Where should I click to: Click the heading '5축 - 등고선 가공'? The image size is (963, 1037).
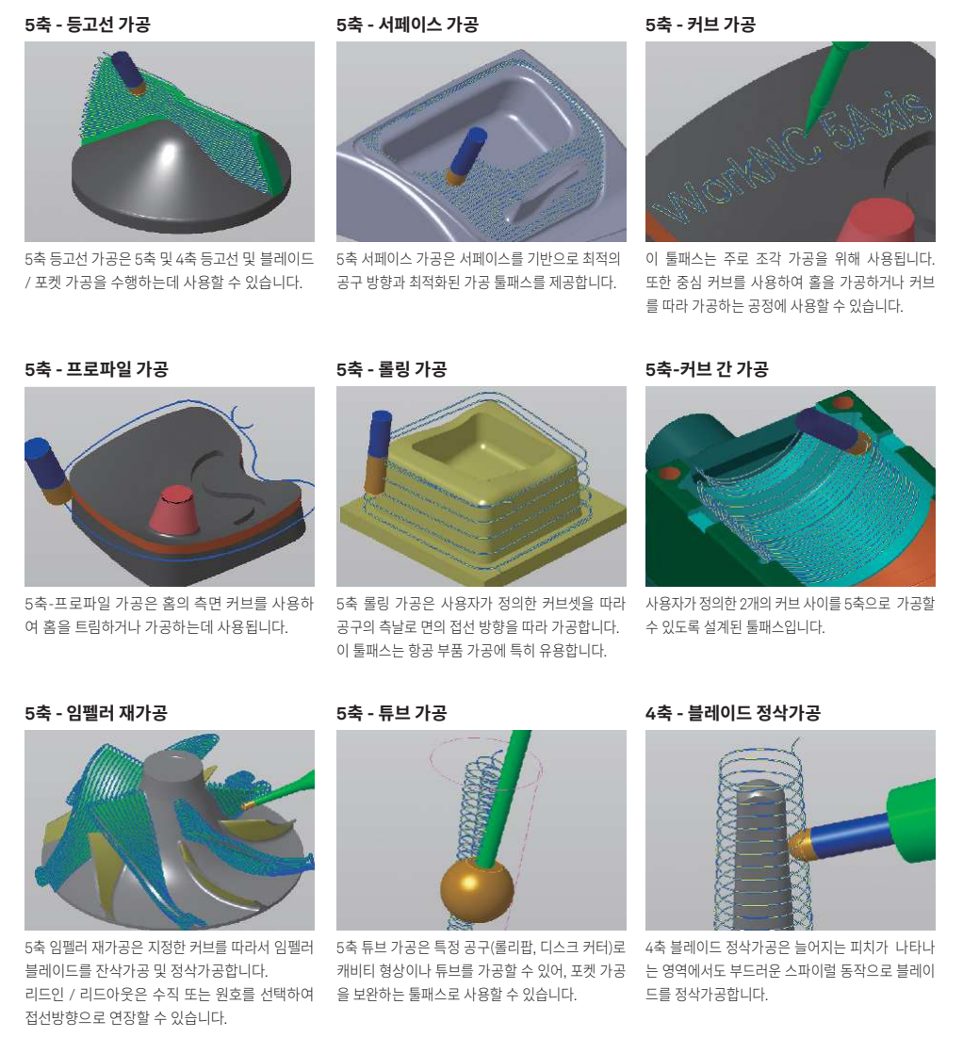click(x=88, y=24)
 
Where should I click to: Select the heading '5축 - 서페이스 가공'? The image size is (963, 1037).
click(x=407, y=24)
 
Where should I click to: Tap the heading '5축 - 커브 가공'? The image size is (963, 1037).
click(x=700, y=24)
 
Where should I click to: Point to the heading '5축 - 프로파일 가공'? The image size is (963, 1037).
click(x=97, y=368)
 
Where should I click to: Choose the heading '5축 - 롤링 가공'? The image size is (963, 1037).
click(x=391, y=368)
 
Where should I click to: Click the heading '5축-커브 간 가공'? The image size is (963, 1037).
click(x=707, y=368)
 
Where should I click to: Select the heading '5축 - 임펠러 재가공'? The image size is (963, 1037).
click(x=96, y=712)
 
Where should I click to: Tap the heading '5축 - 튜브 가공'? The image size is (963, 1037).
click(x=391, y=712)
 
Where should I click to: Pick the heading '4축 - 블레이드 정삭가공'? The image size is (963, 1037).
click(x=733, y=712)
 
